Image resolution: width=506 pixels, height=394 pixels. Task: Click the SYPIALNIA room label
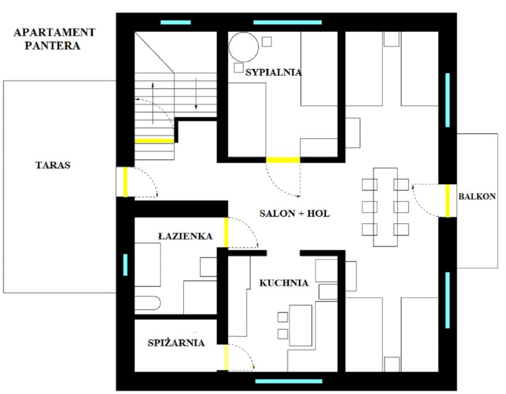[x=273, y=72]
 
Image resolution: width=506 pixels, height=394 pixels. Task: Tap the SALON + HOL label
[x=295, y=214]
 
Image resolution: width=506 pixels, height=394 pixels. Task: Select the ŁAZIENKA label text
[x=185, y=236]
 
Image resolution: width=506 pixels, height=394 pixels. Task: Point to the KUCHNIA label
[x=284, y=283]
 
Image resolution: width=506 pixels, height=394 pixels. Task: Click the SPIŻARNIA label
[x=176, y=343]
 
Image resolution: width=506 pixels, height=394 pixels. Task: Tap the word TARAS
[x=53, y=165]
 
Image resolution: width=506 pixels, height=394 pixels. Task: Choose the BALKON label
[x=477, y=196]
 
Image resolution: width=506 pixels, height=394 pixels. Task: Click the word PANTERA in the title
[x=52, y=45]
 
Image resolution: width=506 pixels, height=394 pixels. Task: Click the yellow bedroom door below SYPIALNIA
[x=283, y=160]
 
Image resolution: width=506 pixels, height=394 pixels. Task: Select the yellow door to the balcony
[x=448, y=201]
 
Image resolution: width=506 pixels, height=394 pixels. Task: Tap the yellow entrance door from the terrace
[x=126, y=182]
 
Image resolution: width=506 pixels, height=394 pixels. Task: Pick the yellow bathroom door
[x=226, y=232]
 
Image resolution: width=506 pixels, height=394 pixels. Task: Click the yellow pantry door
[x=226, y=357]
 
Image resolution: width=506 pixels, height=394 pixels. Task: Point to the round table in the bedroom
[x=244, y=47]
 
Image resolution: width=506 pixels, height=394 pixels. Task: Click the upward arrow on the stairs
[x=153, y=103]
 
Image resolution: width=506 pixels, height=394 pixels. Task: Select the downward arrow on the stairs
[x=196, y=93]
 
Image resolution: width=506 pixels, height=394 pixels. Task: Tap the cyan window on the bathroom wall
[x=125, y=265]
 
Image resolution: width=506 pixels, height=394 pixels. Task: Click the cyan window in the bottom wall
[x=289, y=382]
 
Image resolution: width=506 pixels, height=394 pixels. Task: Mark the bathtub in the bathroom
[x=147, y=303]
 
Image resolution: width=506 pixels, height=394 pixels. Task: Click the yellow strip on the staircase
[x=154, y=141]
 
